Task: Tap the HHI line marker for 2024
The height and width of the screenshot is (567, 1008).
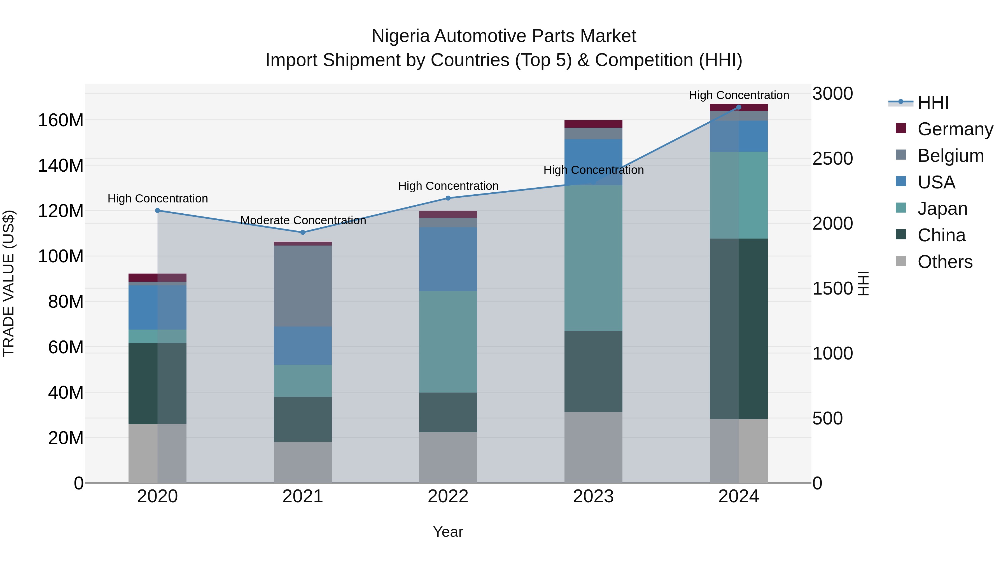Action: tap(739, 107)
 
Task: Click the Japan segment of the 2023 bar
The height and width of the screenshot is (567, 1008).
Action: tap(593, 258)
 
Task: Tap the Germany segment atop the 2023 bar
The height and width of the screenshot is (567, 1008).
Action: tap(593, 124)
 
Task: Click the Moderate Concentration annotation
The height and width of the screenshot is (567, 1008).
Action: tap(303, 220)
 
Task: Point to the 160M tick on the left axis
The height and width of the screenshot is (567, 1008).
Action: tap(61, 120)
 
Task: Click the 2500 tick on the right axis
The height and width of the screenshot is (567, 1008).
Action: tap(833, 159)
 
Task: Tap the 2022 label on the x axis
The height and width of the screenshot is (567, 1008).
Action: tap(448, 496)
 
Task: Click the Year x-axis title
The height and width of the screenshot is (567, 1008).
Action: tap(448, 532)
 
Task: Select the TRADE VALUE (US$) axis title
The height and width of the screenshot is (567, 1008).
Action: tap(9, 283)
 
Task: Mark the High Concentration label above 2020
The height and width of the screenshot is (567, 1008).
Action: tap(158, 199)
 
